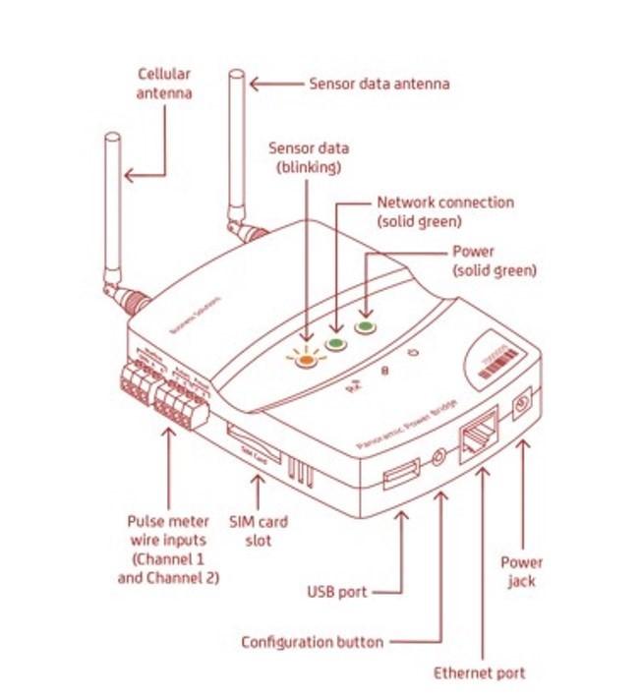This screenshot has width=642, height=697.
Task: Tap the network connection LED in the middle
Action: tap(336, 342)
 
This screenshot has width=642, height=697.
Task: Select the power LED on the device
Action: tap(366, 327)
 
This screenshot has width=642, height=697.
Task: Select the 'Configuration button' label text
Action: tap(313, 642)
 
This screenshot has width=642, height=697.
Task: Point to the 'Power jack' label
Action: tap(521, 572)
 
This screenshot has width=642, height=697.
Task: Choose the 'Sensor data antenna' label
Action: tap(379, 84)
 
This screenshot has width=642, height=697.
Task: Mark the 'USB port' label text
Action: tap(337, 592)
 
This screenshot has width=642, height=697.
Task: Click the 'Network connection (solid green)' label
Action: tap(445, 211)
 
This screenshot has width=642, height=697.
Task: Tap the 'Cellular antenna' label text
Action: tap(164, 84)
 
